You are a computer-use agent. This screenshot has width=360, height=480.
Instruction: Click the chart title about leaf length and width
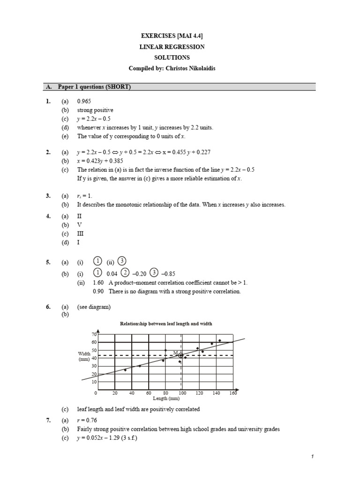[x=166, y=323]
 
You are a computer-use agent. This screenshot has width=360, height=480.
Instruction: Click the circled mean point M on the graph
[x=181, y=356]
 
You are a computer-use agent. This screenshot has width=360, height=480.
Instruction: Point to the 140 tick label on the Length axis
[x=216, y=393]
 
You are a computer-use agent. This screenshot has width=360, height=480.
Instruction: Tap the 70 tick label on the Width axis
[x=94, y=334]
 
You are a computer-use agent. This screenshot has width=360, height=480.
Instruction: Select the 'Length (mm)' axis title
[x=166, y=399]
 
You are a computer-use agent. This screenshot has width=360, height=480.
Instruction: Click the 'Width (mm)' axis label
[x=84, y=356]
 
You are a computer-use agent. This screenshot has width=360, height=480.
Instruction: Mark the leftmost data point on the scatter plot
[x=125, y=370]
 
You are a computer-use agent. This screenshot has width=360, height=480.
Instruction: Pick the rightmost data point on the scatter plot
[x=219, y=340]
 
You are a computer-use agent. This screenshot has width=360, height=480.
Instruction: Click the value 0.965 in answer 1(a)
[x=84, y=101]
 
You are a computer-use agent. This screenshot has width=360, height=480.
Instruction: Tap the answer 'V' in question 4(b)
[x=79, y=225]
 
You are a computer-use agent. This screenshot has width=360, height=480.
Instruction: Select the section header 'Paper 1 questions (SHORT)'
[x=94, y=87]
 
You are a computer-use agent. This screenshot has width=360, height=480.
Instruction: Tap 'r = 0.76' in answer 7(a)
[x=87, y=420]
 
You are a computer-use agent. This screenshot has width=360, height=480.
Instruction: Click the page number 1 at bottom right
[x=311, y=456]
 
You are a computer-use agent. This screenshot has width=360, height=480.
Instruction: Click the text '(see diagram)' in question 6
[x=94, y=307]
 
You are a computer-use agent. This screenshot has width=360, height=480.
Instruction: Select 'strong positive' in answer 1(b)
[x=95, y=110]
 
